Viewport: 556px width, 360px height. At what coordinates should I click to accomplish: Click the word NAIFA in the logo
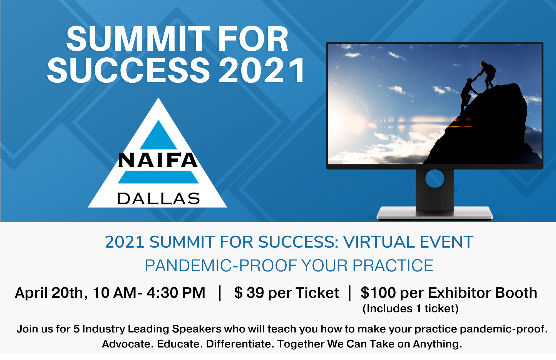click(x=158, y=160)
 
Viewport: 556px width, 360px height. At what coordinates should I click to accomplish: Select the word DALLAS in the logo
click(x=158, y=199)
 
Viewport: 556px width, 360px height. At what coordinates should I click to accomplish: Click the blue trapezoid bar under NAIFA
click(x=158, y=177)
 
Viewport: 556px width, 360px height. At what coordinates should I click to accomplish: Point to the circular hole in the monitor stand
click(x=435, y=178)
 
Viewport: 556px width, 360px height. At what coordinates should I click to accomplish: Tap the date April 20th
click(x=51, y=293)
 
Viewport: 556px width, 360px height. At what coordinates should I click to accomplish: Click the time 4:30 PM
click(x=176, y=293)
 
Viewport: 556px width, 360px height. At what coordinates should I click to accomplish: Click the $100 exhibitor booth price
click(x=378, y=293)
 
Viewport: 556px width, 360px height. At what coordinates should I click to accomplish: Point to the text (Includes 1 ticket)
click(x=411, y=309)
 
